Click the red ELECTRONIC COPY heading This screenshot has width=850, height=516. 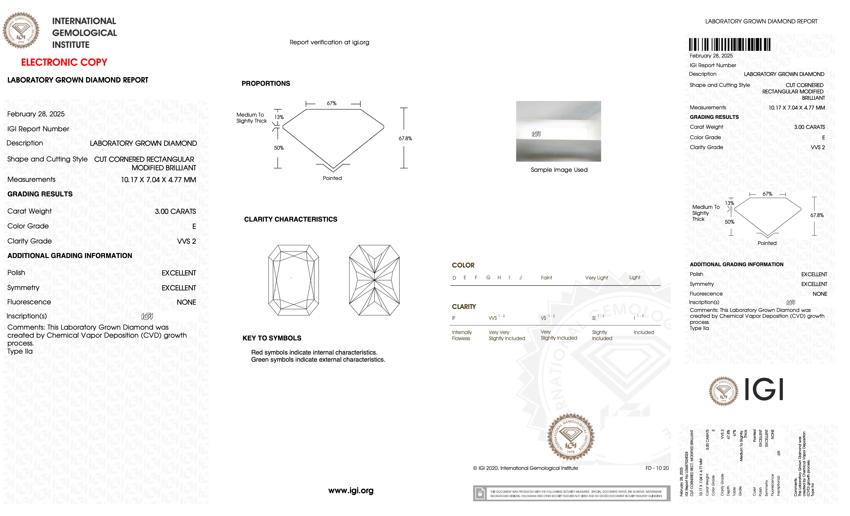[x=64, y=62]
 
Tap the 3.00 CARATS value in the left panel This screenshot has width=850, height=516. [x=175, y=211]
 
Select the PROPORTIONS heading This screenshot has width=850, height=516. [x=266, y=83]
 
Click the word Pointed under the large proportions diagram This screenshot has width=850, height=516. [x=332, y=178]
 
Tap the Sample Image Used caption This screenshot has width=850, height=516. [x=559, y=170]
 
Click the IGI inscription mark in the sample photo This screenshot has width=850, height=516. [x=536, y=134]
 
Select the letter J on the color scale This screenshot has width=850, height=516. [x=520, y=278]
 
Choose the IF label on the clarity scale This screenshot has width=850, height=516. [x=454, y=318]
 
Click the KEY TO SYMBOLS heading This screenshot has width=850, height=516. [x=272, y=338]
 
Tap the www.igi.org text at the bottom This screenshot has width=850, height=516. [x=351, y=491]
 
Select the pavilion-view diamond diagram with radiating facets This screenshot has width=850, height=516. [x=374, y=280]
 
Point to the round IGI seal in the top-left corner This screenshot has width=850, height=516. [x=21, y=30]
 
